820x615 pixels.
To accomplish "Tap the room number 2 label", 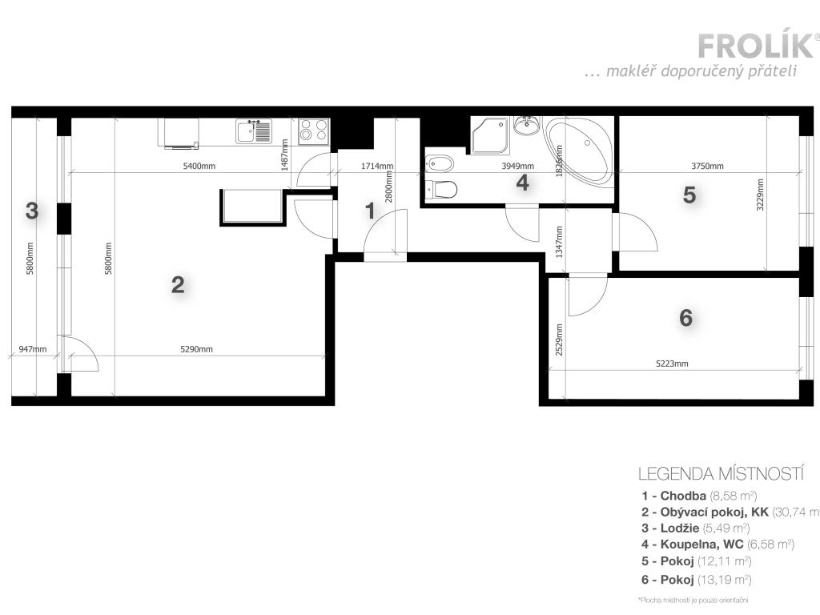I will coord(178,284).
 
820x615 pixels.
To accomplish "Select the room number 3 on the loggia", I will coord(31,211).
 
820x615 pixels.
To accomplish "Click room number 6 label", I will coord(685,318).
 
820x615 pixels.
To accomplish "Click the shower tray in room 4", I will coord(489,135).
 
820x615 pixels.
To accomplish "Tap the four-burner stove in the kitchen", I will coord(313,131).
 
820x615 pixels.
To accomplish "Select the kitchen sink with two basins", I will coord(255,131).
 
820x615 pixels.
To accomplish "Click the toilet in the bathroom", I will coord(442,190).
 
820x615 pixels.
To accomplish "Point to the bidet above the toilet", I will coord(440,164).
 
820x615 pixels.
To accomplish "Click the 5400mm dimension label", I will coord(200,167).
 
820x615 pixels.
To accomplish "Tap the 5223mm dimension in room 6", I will coord(672,364).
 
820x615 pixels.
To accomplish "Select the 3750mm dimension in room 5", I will coord(707,167).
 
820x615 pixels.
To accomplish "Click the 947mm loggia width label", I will coord(33,349).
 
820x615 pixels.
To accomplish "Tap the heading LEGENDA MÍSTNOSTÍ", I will coord(720,473).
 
